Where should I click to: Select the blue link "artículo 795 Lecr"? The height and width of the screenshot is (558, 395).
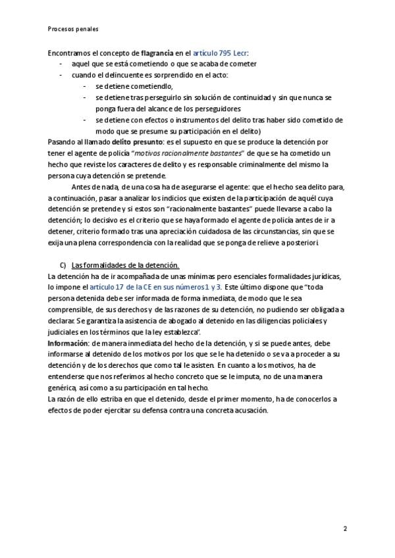click(221, 52)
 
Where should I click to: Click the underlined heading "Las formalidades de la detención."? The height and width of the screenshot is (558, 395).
click(125, 265)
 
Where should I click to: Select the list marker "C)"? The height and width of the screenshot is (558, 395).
click(63, 265)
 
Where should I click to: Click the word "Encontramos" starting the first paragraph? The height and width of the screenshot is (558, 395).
click(69, 52)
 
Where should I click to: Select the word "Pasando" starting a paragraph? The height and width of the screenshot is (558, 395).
click(61, 141)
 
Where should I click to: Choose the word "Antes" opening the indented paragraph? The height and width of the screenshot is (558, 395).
click(81, 186)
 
